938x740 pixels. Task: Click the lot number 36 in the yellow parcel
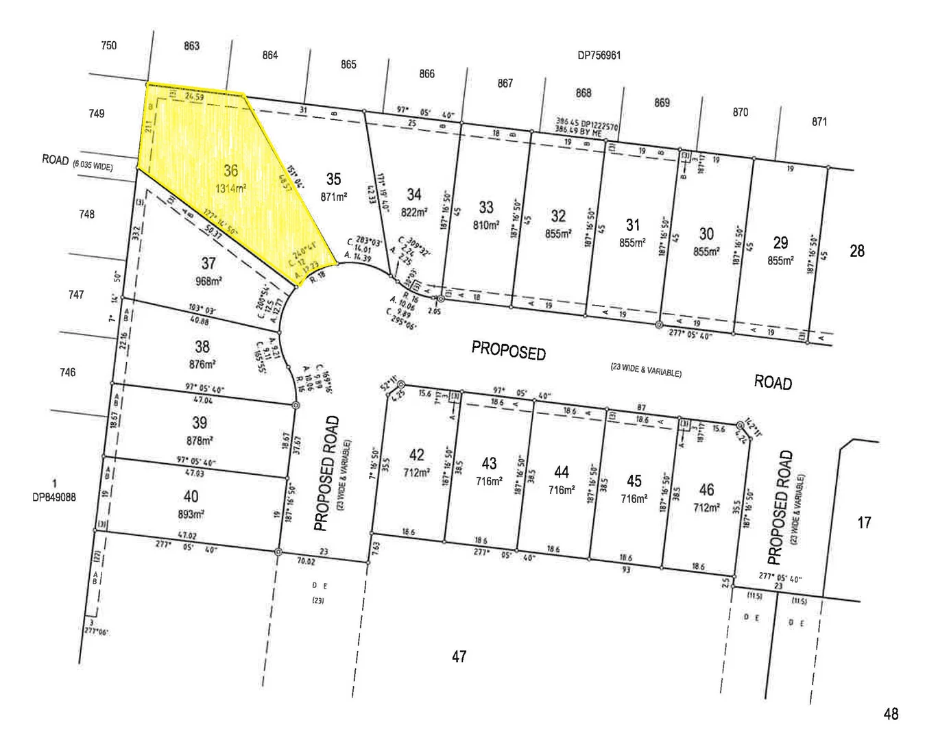[231, 171]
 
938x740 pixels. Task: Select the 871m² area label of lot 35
[333, 197]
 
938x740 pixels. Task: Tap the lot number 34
[414, 195]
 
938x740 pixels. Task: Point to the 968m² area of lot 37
[208, 280]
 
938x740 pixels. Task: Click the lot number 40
[191, 496]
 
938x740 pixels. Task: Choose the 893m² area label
[191, 513]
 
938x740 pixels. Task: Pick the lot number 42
[416, 455]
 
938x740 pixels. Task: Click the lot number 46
[706, 489]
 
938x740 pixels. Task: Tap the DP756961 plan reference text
[599, 56]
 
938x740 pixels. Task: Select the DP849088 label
[54, 497]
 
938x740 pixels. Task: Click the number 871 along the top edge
[819, 122]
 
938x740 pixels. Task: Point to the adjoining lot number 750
[108, 46]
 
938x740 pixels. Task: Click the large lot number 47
[459, 656]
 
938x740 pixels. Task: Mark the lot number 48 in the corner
[891, 714]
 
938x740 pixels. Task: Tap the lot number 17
[864, 523]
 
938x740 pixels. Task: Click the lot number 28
[857, 251]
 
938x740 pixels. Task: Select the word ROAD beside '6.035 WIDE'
[56, 160]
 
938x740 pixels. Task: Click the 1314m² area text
[231, 188]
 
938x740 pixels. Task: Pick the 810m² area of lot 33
[486, 225]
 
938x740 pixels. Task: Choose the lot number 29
[780, 243]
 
